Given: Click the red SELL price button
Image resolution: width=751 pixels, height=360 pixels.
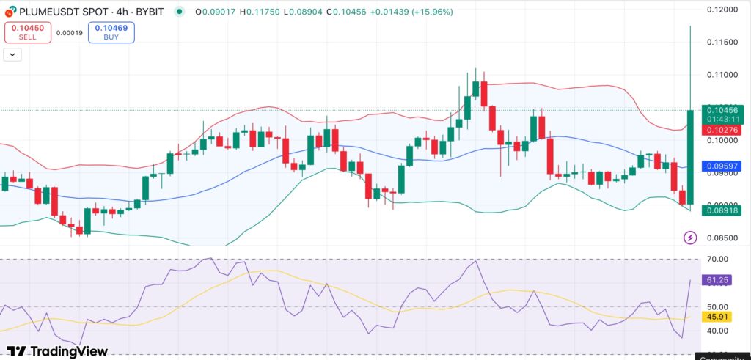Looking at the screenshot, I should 28,32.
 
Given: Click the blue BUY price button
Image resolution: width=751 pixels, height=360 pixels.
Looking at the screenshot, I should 111,32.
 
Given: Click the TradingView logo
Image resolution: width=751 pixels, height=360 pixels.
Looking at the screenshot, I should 57,351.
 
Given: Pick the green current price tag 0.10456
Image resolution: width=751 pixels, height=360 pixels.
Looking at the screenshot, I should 722,110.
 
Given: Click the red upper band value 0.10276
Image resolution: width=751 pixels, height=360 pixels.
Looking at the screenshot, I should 722,130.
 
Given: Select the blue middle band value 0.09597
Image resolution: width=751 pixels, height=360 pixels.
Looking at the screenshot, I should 722,166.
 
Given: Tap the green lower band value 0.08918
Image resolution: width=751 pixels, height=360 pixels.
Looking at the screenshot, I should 722,210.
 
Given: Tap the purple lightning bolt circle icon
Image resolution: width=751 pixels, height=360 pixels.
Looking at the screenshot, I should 690,238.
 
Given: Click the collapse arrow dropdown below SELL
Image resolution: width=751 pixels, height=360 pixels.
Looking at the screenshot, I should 12,54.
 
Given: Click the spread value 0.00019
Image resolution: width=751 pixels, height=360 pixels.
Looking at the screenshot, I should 70,32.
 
